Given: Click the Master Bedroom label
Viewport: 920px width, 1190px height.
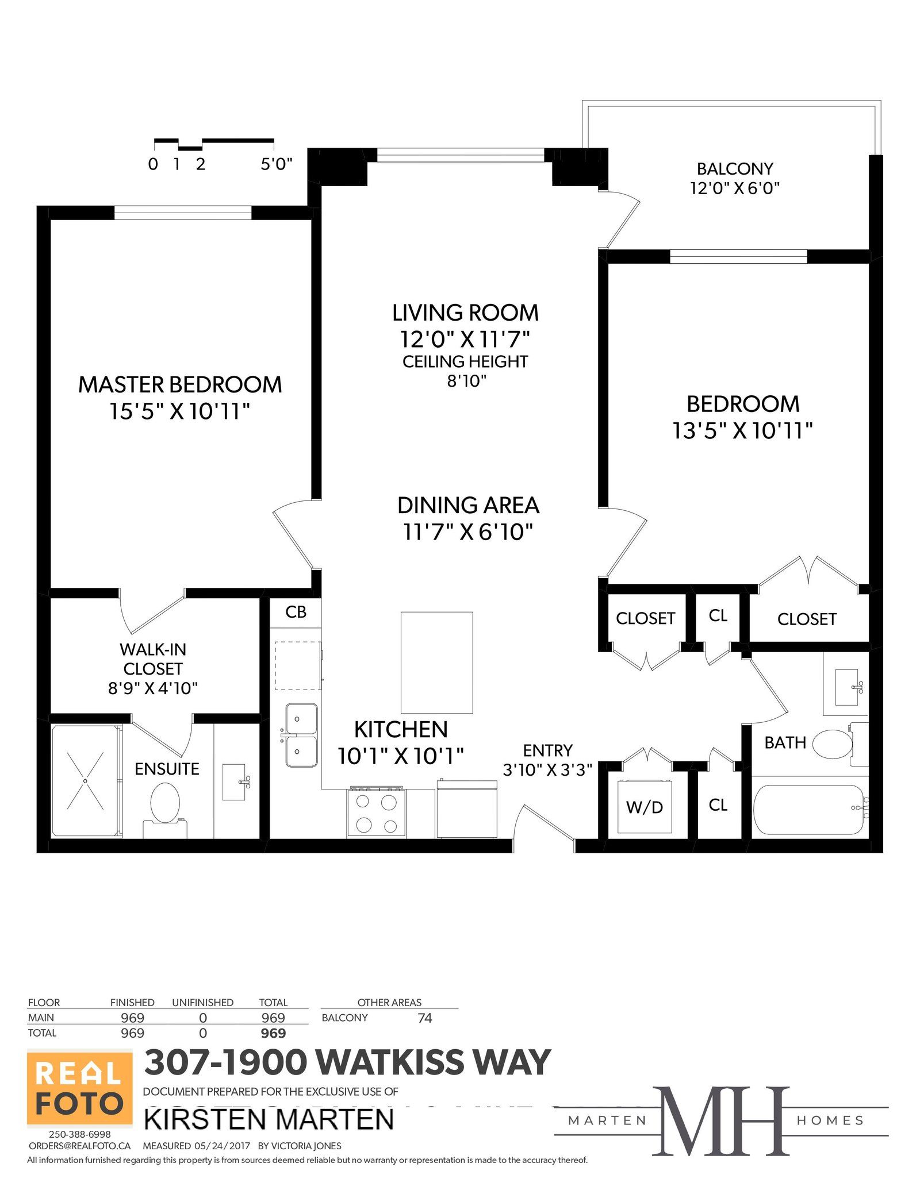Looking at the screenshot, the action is (180, 384).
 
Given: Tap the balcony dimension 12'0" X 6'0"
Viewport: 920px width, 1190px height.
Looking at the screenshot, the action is (735, 188).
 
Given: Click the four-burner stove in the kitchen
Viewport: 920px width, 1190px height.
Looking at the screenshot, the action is (376, 812).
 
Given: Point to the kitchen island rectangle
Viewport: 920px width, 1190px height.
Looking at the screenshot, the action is (436, 662).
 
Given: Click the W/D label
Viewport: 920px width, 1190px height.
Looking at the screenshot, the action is (645, 807).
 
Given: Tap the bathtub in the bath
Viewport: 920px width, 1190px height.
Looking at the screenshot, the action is (809, 810).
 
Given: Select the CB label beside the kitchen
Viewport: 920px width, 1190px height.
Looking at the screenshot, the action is (296, 612).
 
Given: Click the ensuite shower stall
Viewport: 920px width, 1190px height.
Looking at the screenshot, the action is (86, 781).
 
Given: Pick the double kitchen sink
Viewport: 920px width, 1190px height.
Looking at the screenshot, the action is (301, 735).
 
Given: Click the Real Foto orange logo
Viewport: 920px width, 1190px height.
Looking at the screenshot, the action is (80, 1088).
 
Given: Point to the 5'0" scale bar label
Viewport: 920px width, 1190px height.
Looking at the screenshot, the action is (277, 164).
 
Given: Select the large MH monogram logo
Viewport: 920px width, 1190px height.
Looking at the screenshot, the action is (721, 1120).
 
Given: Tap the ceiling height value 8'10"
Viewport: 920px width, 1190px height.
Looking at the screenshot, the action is (467, 381).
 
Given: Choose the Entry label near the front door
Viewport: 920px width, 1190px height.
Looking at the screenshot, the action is (547, 750).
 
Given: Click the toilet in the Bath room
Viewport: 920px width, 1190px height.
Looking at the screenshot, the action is (837, 744).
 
